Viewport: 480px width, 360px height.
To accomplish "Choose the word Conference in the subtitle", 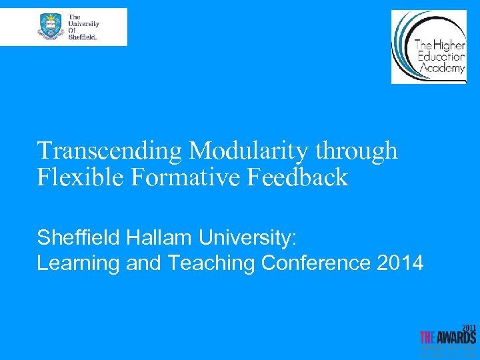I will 316,263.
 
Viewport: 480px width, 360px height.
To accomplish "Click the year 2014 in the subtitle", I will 400,263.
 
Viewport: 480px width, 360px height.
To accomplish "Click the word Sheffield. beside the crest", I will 83,37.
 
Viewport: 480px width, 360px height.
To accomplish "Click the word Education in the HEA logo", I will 441,57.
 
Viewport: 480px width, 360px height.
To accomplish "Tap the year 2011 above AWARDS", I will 470,328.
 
